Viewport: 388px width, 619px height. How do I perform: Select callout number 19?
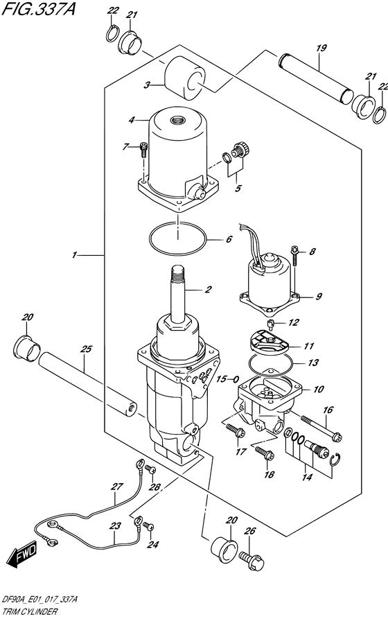[320, 49]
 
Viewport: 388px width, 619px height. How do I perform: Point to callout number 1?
[74, 256]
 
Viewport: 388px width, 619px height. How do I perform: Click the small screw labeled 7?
[143, 148]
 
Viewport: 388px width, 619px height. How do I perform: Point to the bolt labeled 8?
[295, 257]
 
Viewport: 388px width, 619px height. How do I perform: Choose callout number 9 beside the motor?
[319, 297]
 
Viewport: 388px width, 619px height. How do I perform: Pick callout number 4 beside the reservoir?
[131, 120]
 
